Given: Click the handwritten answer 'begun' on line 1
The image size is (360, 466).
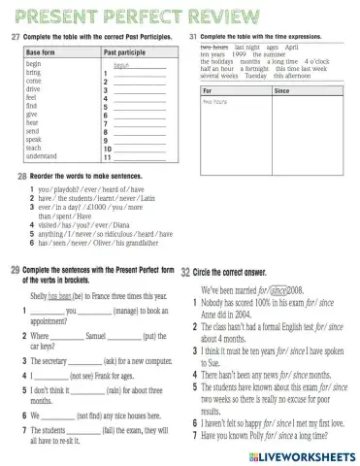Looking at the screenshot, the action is point(122,66).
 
